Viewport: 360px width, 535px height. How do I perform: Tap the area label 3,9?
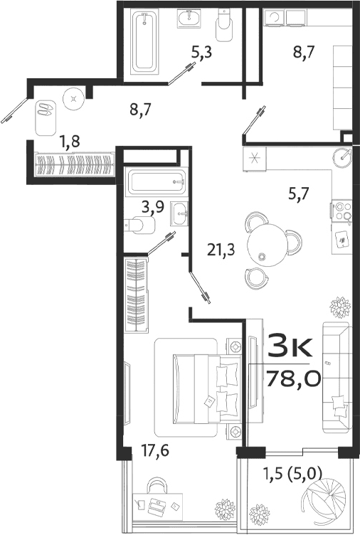tap(152, 208)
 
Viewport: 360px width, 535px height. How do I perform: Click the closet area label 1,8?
tap(70, 142)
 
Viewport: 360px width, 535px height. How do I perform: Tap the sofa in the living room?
tap(336, 377)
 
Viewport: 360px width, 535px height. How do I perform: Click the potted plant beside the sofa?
tap(339, 307)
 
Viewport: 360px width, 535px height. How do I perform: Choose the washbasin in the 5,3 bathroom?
tap(190, 19)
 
